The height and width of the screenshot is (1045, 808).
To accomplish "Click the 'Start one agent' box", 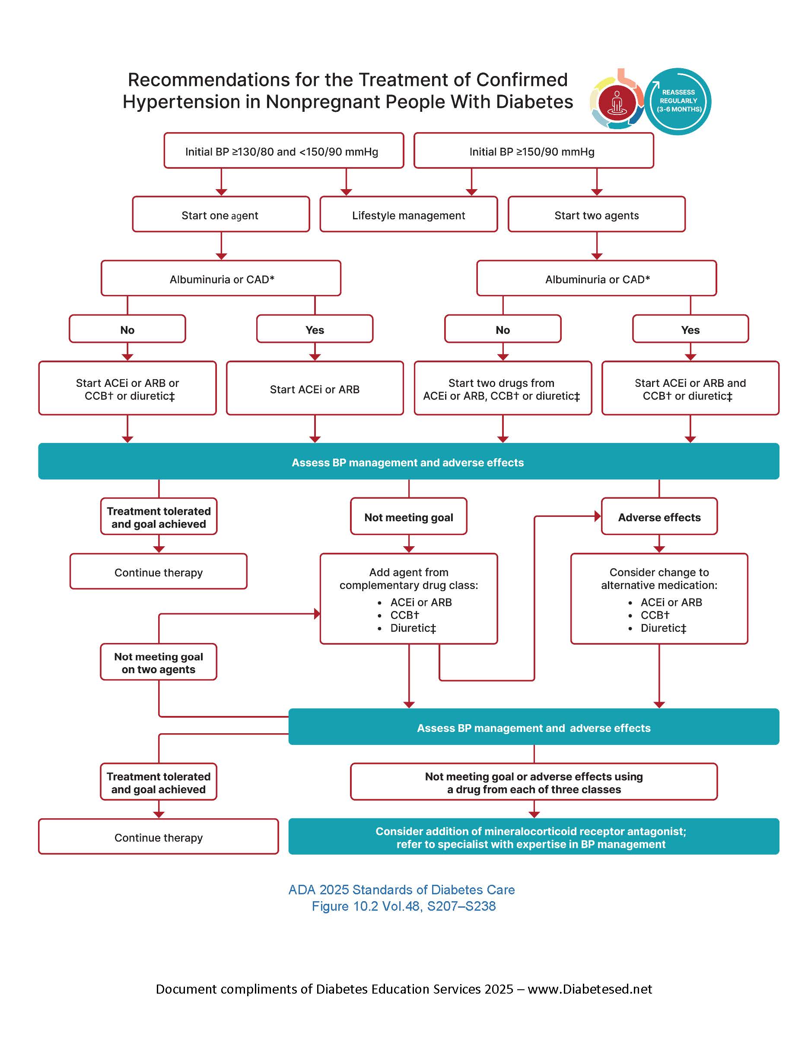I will coord(221,215).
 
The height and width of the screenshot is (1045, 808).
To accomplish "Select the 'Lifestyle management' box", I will coord(408,215).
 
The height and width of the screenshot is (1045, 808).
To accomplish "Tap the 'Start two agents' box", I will coord(596,215).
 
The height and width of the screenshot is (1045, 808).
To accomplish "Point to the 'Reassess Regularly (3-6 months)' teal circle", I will coord(678,101).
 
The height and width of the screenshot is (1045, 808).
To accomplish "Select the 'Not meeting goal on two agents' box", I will coord(159,662).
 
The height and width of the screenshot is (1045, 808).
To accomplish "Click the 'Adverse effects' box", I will coord(659,517).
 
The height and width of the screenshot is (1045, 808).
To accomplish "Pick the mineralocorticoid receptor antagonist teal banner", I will coord(533,837).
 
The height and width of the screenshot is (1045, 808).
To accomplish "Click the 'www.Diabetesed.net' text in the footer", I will coord(590,989).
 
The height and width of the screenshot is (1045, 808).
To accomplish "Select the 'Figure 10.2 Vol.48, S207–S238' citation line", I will coord(404,906).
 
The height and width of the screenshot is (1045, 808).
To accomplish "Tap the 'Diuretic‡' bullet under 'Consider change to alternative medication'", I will coord(663,628).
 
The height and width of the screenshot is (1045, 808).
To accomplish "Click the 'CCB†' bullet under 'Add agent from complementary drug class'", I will coord(404,615).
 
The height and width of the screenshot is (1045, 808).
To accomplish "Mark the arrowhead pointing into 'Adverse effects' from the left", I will coord(598,516).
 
